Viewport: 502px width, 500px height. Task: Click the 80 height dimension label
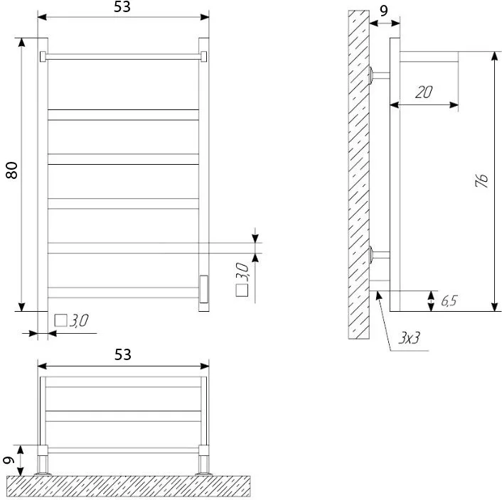[x=12, y=170]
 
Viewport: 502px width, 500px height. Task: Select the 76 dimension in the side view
[x=481, y=181]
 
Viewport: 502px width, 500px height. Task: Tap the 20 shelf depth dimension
[x=424, y=92]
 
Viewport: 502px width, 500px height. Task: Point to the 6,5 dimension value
[x=449, y=300]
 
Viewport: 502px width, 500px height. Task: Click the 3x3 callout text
[x=409, y=337]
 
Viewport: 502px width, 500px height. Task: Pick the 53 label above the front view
[x=122, y=6]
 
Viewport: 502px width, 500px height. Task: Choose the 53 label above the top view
[x=123, y=354]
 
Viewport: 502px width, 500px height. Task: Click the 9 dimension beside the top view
[x=9, y=460]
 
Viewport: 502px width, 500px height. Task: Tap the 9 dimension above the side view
[x=383, y=11]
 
